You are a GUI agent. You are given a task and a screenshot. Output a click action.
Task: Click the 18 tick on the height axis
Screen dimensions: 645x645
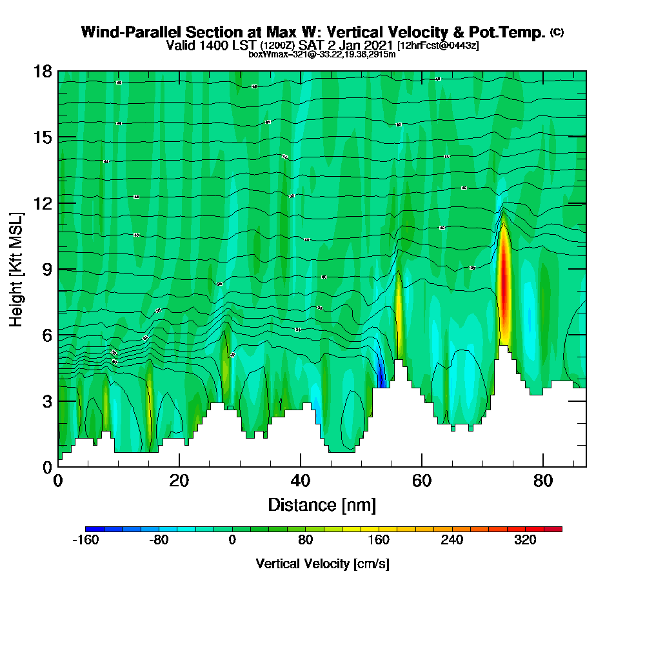(x=43, y=71)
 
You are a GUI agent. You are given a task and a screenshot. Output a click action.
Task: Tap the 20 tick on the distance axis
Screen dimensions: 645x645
(x=179, y=480)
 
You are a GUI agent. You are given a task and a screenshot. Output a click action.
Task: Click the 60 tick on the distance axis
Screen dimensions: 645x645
(x=422, y=480)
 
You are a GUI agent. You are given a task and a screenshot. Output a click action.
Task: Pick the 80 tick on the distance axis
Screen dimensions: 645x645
(x=543, y=480)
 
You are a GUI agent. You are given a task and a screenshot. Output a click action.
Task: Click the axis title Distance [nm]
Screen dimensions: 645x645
(x=322, y=504)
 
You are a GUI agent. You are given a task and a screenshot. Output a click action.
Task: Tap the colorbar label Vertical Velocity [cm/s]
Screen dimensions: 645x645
(x=322, y=564)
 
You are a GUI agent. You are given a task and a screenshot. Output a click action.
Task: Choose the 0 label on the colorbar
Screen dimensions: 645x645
(x=232, y=541)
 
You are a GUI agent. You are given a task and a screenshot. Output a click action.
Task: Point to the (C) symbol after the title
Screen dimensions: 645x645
(x=557, y=32)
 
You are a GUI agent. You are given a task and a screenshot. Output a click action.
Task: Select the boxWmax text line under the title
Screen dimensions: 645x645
(x=322, y=54)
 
